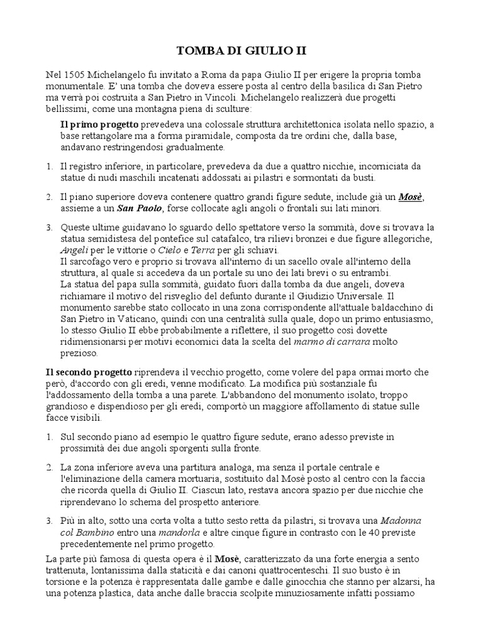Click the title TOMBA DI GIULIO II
pos(241,50)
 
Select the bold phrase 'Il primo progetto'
pos(95,125)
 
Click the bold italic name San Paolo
pos(140,209)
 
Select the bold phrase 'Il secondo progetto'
pos(89,371)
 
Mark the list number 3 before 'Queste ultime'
pos(50,228)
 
